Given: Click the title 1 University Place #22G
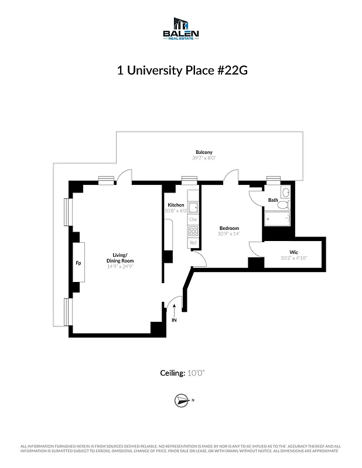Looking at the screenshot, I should tap(181, 70).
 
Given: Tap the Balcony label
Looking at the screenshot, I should tap(204, 152).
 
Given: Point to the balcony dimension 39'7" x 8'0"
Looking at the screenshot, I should tap(204, 158).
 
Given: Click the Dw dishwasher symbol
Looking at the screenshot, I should tap(192, 219).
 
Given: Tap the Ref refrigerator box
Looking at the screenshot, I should tap(192, 242).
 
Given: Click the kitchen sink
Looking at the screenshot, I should tap(192, 207).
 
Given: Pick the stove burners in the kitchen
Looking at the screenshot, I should tap(192, 231).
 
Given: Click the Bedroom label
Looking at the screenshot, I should tap(229, 228).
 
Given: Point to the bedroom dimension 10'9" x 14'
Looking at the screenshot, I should tap(229, 234).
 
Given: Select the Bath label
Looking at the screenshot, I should tap(273, 200).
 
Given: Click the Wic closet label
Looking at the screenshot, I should tap(293, 252).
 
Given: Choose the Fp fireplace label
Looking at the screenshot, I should tap(78, 263).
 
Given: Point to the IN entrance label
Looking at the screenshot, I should tap(174, 320).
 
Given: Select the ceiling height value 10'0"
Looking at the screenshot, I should tap(197, 373).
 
